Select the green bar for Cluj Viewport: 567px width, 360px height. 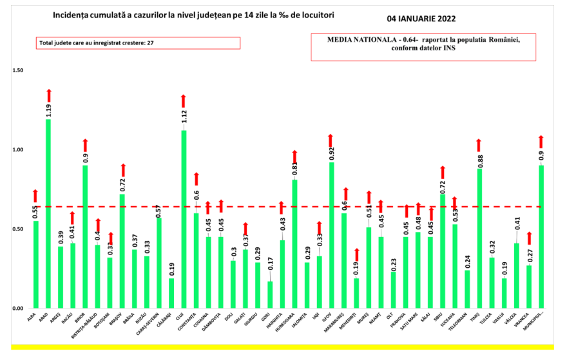184,219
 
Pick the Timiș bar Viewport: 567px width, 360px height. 479,238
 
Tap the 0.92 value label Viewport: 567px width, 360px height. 331,153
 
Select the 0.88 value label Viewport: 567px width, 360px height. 479,159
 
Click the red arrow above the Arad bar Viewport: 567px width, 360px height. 48,95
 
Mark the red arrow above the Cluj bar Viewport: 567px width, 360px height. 184,100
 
